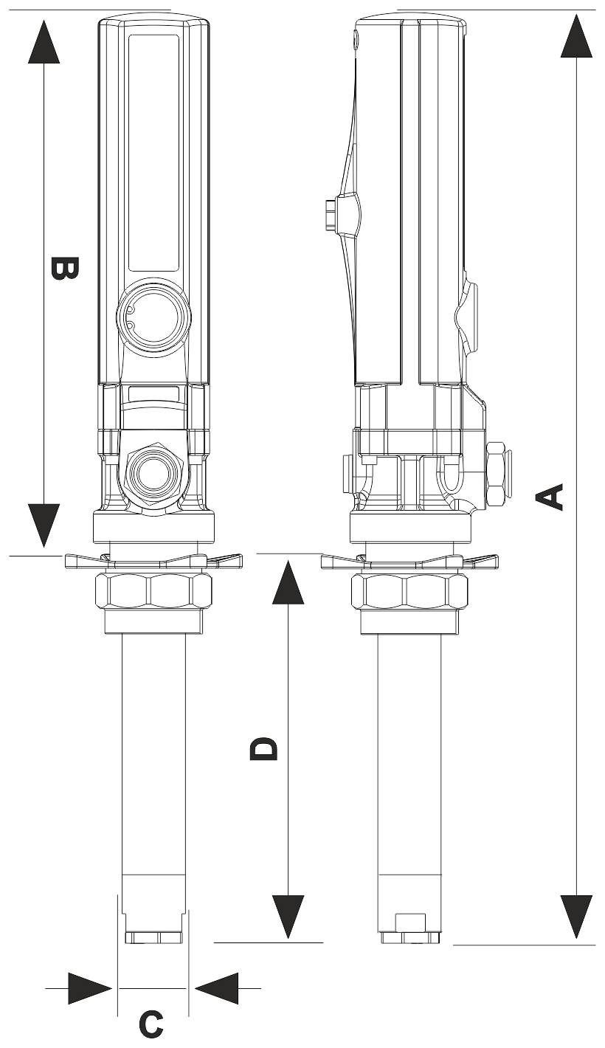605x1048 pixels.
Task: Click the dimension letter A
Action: pos(549,497)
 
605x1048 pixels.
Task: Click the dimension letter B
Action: pos(64,268)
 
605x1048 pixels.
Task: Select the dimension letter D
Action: pos(263,748)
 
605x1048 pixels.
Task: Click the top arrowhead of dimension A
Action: pos(576,36)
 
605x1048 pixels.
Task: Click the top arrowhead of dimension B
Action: pos(44,41)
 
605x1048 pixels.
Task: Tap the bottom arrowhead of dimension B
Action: pos(44,525)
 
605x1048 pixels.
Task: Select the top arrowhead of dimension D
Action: pos(288,582)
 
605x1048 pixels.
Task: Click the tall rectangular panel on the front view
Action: pos(153,153)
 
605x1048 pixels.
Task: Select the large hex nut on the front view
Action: pos(153,592)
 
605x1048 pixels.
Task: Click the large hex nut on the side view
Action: pos(409,592)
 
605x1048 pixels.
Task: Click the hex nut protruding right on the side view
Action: pos(499,474)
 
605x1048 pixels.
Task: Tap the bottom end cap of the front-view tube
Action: pos(153,937)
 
